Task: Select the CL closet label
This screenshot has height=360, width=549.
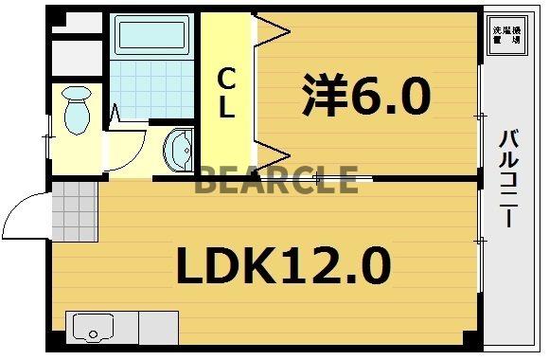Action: coord(227,93)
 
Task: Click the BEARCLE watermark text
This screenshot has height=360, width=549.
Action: coord(276,179)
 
